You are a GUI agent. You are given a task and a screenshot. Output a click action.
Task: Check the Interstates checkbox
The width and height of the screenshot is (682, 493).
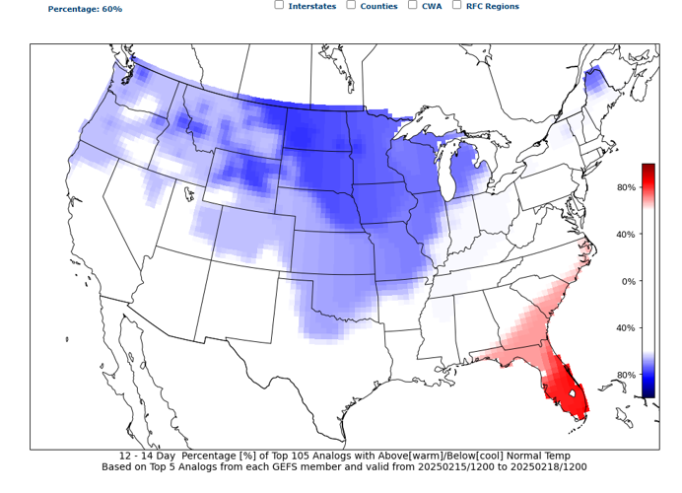tap(279, 5)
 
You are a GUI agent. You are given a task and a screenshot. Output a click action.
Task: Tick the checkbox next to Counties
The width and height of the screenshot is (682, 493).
tap(351, 5)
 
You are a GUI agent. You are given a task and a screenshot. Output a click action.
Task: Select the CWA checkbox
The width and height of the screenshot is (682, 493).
tap(412, 5)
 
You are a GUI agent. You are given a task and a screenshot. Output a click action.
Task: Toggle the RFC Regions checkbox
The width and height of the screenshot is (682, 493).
tap(456, 5)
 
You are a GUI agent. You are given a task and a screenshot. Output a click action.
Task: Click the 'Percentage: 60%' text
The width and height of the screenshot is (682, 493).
tap(85, 9)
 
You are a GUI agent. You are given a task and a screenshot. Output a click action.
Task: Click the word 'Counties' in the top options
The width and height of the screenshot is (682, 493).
tap(378, 7)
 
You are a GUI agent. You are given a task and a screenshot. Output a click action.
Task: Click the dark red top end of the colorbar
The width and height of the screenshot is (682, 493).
tap(648, 169)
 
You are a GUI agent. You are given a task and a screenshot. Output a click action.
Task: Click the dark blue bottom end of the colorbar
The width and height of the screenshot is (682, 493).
tap(648, 392)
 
